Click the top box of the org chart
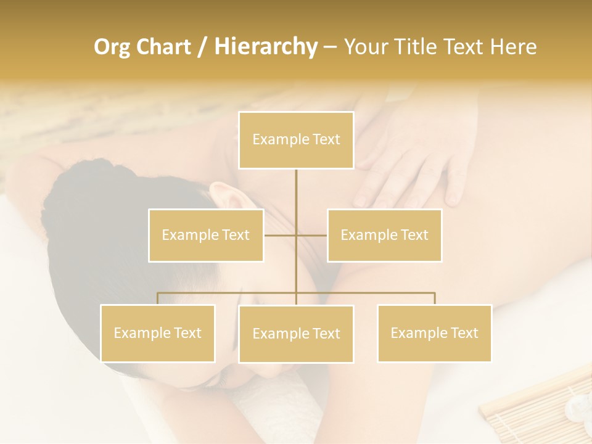[x=296, y=140]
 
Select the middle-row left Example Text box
[x=206, y=235]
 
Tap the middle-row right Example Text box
[x=384, y=235]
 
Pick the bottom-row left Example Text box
[x=157, y=333]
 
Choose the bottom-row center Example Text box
[x=296, y=334]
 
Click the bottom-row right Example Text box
[x=434, y=333]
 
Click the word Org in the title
[x=112, y=47]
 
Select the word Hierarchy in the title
[x=265, y=47]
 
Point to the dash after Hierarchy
[x=330, y=47]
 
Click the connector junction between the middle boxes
[x=296, y=235]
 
